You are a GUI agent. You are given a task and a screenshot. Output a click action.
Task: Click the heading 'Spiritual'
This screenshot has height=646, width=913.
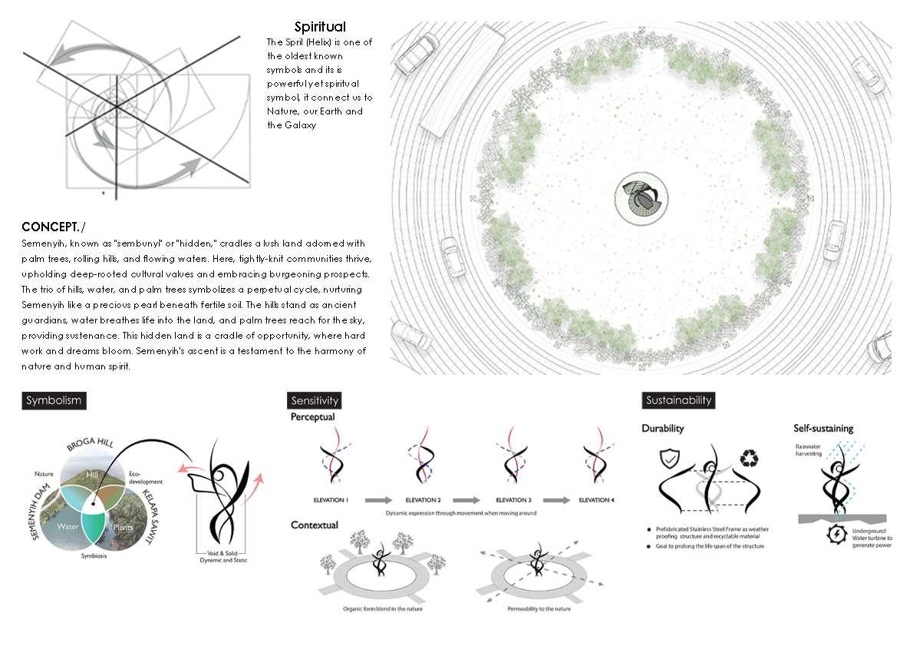320,28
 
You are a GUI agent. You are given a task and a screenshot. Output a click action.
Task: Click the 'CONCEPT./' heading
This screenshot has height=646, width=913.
54,227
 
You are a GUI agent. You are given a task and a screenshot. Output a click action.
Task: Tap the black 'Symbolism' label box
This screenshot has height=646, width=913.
53,400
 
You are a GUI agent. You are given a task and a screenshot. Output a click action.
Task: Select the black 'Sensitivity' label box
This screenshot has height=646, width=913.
315,400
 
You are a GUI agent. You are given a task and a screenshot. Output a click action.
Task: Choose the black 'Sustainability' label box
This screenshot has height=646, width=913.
678,400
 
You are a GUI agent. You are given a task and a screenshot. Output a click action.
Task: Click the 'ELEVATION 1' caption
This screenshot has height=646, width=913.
331,500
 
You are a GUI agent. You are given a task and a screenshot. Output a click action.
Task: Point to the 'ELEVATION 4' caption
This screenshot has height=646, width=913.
597,500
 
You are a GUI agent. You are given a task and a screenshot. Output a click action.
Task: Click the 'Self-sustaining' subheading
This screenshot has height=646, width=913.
823,429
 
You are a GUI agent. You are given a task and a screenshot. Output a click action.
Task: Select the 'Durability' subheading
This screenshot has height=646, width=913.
663,429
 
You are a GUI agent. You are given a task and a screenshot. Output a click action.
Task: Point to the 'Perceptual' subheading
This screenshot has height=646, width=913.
312,418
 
